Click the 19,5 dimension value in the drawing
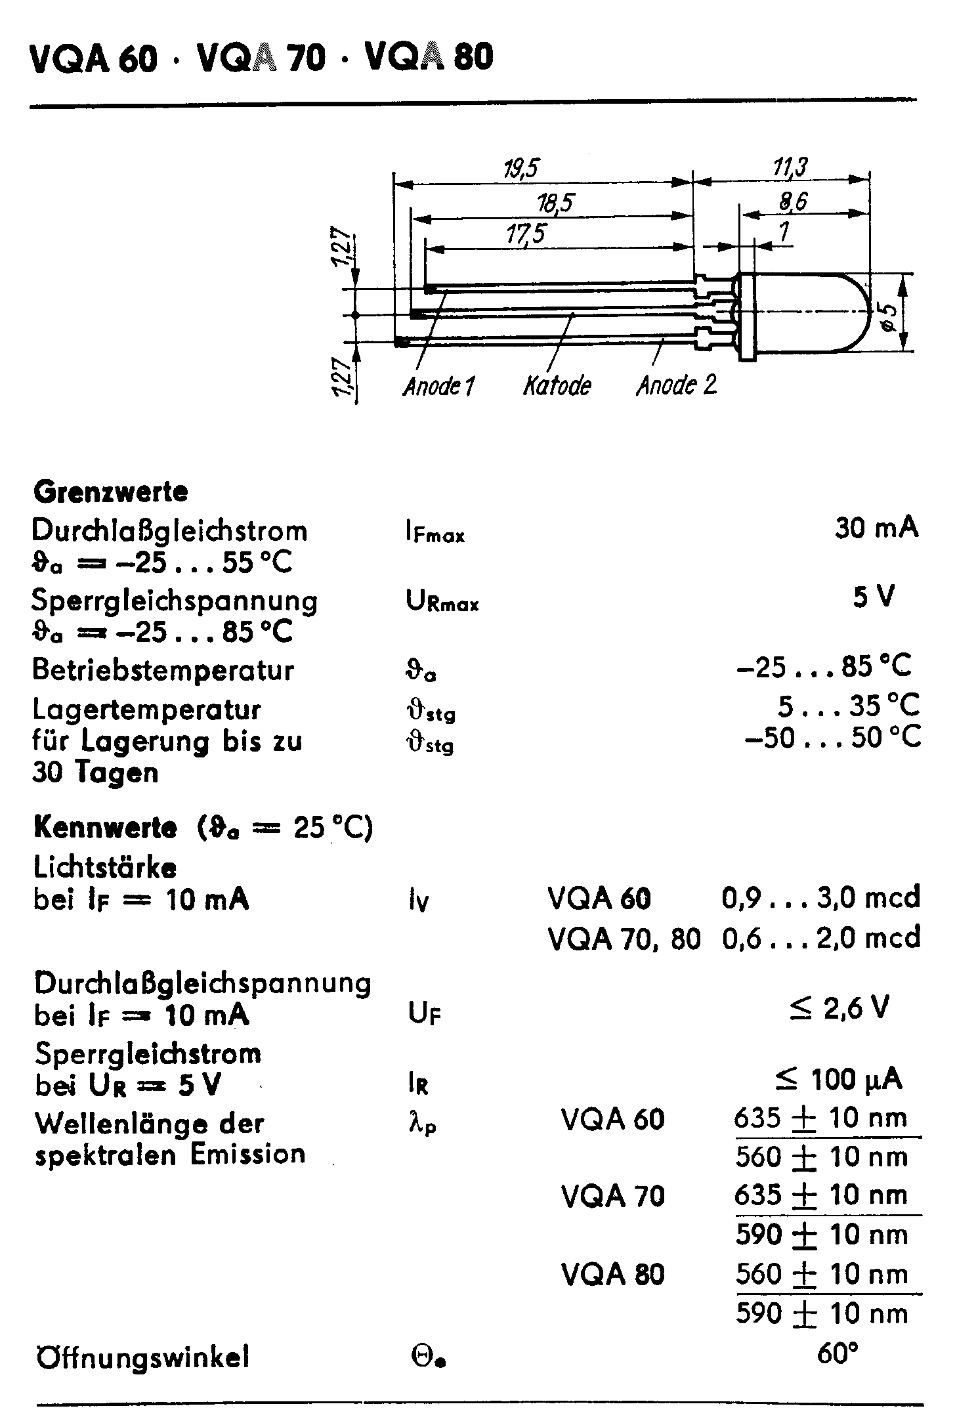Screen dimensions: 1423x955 point(521,169)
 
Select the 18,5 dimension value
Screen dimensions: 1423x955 point(554,203)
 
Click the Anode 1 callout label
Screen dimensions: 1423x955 point(438,386)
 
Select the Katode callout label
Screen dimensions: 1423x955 point(557,386)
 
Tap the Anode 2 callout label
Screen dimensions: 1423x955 point(677,385)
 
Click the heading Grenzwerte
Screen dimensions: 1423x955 point(110,492)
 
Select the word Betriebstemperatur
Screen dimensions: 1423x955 point(163,671)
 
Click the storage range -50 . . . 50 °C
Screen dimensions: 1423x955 point(832,737)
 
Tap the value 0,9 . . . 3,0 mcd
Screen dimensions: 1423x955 point(820,897)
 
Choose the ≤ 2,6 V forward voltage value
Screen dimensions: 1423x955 point(839,1007)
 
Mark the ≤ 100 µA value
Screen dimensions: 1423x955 point(838,1078)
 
